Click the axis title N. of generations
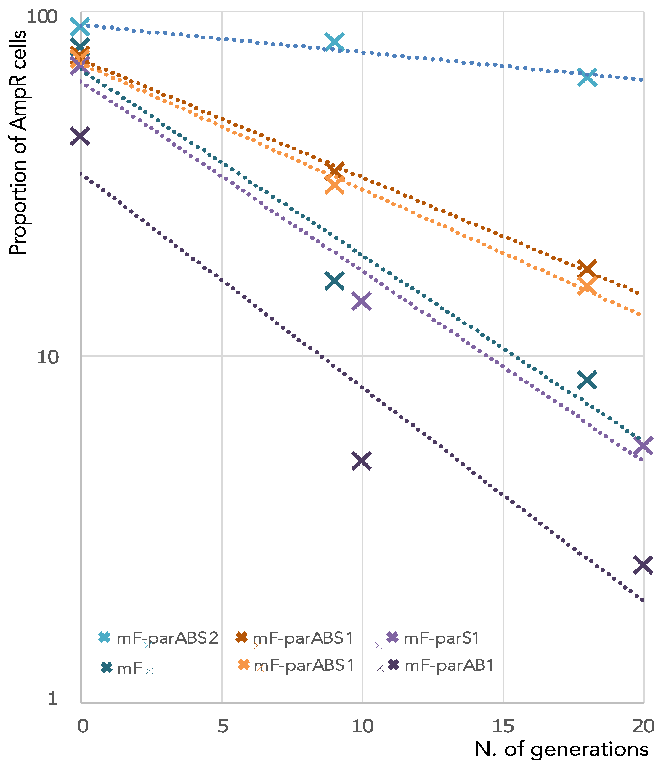click(x=561, y=750)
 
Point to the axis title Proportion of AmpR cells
click(x=18, y=142)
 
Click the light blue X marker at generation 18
click(x=587, y=77)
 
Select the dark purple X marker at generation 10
click(x=361, y=460)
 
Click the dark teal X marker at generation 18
click(x=587, y=380)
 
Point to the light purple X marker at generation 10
click(x=361, y=301)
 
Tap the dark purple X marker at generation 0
click(x=80, y=136)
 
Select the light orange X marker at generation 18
click(x=587, y=286)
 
